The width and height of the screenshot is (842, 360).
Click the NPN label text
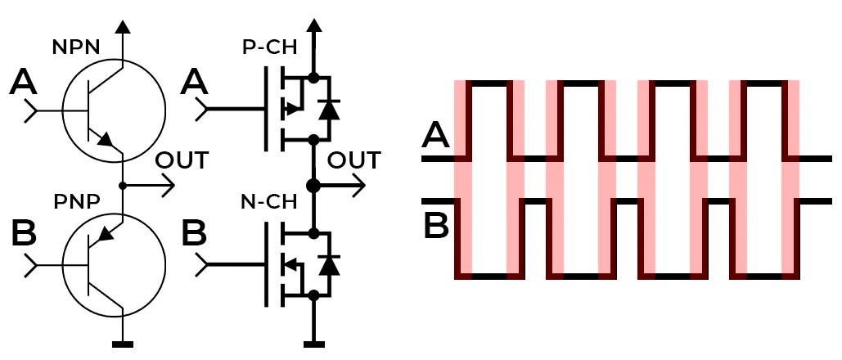coord(76,47)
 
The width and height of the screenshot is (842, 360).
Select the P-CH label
coord(271,47)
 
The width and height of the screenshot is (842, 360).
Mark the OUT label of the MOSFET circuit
coord(353,159)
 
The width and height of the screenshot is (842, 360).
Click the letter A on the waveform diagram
coord(436,135)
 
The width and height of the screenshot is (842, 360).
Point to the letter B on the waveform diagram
coord(436,225)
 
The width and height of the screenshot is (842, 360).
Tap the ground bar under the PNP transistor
coord(123,344)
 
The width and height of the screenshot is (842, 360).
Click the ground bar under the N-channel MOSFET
coord(313,344)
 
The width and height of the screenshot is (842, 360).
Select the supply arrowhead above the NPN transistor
coord(123,26)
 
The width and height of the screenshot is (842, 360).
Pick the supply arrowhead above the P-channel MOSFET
coord(313,26)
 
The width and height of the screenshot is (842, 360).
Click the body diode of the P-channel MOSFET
coord(330,109)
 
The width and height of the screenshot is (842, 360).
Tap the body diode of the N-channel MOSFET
coord(330,263)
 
